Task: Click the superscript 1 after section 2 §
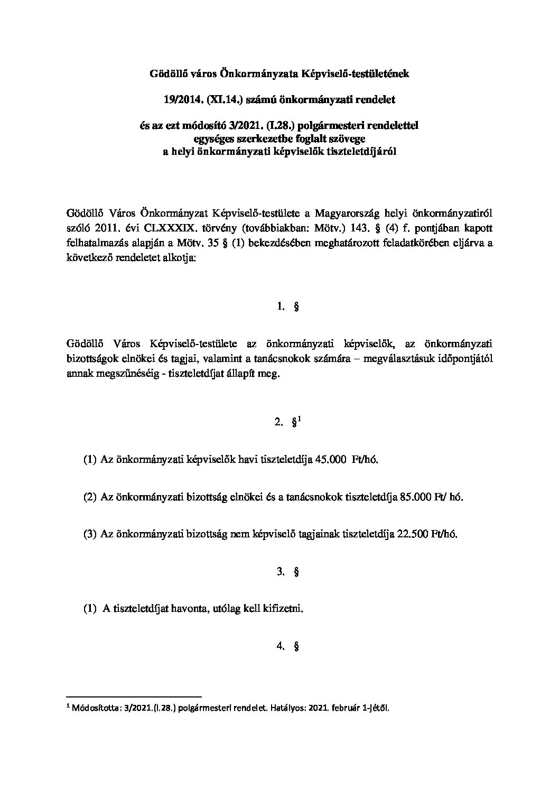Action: tap(300, 420)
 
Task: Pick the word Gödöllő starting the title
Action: tap(166, 74)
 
